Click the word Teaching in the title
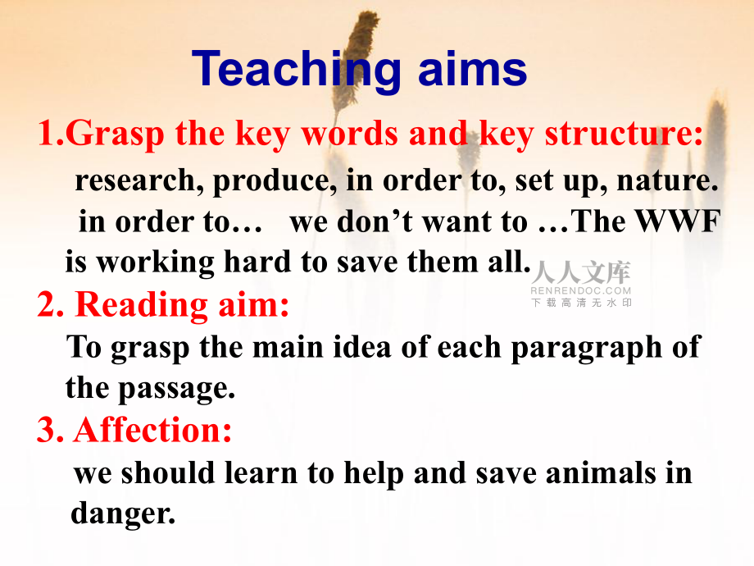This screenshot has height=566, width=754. pos(296,71)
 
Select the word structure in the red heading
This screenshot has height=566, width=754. pos(624,134)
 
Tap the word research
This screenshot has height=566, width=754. pos(135,181)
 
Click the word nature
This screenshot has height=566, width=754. pos(667,181)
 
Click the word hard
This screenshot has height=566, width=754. pos(257,262)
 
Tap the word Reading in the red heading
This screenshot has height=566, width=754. pos(141,305)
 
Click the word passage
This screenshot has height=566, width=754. pos(176,389)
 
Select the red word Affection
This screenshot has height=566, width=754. pos(152,429)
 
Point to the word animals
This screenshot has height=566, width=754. pos(601,472)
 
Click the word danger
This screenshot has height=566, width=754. pos(123,514)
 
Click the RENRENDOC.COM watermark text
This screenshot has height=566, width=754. pos(580,290)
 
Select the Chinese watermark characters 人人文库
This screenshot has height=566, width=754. pos(581,273)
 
